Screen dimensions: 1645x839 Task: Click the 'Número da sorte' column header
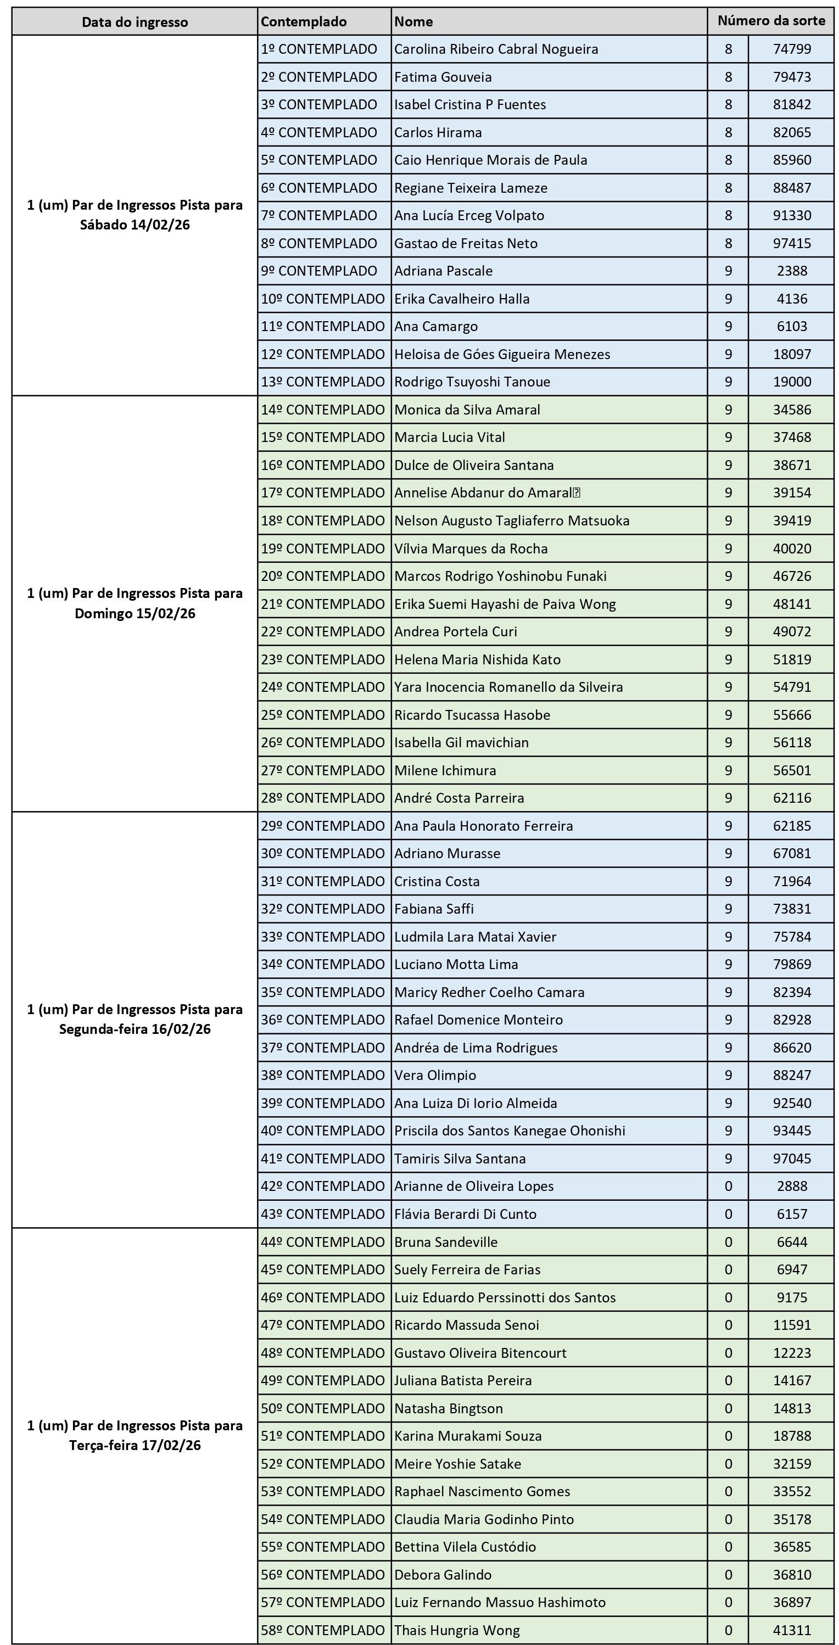click(771, 21)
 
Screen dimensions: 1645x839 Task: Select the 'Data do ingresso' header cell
click(135, 23)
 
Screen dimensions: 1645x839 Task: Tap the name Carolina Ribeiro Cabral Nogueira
click(496, 49)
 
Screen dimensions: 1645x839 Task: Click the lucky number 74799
click(792, 49)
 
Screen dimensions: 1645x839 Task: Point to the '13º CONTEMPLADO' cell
click(322, 382)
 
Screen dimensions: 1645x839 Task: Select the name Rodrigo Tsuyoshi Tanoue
click(472, 382)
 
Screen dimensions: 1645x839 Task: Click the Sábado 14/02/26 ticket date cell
click(135, 215)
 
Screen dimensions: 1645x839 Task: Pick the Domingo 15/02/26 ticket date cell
click(135, 603)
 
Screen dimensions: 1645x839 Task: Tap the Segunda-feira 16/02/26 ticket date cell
click(135, 1019)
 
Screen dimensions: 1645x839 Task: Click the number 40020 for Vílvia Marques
click(792, 549)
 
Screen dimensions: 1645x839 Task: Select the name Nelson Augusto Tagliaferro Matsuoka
click(511, 521)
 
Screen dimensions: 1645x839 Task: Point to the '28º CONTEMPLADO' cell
click(322, 798)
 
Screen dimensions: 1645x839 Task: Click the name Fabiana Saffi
click(434, 909)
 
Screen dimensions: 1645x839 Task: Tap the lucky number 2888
click(792, 1186)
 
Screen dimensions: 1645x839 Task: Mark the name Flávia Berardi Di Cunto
click(465, 1214)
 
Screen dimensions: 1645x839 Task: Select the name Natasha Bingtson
click(448, 1408)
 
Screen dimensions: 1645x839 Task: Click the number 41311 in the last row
click(792, 1630)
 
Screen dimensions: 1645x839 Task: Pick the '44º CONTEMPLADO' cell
click(322, 1242)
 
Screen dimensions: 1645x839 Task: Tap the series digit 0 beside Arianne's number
click(728, 1186)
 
